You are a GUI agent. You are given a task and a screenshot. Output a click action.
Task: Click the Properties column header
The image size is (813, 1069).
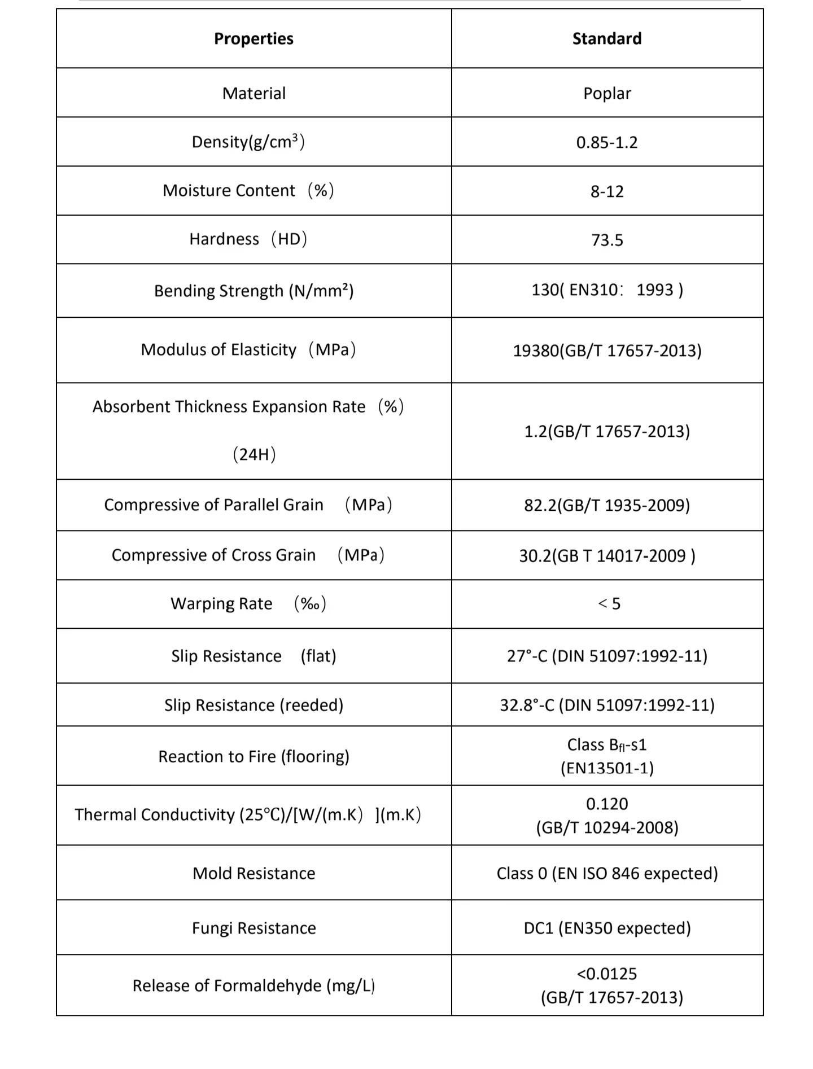pyautogui.click(x=253, y=38)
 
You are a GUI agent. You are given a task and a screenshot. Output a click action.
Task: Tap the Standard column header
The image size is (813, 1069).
pyautogui.click(x=607, y=38)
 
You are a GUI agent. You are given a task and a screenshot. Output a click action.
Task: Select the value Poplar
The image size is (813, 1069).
pyautogui.click(x=607, y=93)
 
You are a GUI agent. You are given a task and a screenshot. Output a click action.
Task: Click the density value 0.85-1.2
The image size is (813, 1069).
pyautogui.click(x=607, y=142)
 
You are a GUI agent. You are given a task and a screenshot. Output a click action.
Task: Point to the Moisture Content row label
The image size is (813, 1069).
pyautogui.click(x=248, y=191)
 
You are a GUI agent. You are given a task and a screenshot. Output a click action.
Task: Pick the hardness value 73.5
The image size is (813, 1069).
pyautogui.click(x=607, y=240)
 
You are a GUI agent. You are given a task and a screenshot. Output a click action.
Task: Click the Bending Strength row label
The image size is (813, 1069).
pyautogui.click(x=253, y=291)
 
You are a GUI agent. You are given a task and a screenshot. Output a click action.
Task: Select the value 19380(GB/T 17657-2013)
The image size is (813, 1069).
pyautogui.click(x=607, y=351)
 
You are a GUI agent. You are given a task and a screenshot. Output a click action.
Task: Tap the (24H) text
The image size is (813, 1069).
pyautogui.click(x=254, y=454)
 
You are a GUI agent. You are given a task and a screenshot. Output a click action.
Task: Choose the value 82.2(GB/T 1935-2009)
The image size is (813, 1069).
pyautogui.click(x=607, y=505)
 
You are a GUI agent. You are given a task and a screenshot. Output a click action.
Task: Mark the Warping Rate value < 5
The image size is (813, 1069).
pyautogui.click(x=609, y=604)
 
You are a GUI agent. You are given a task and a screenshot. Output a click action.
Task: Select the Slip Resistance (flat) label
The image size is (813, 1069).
pyautogui.click(x=253, y=656)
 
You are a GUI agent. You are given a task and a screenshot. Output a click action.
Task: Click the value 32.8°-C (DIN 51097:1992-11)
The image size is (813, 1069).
pyautogui.click(x=607, y=705)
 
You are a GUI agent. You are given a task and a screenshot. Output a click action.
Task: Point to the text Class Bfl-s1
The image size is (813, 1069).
pyautogui.click(x=607, y=745)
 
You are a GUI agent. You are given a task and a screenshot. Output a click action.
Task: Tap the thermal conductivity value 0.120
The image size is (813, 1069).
pyautogui.click(x=607, y=804)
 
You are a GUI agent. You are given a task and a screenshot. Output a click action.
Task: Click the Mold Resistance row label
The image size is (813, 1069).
pyautogui.click(x=253, y=873)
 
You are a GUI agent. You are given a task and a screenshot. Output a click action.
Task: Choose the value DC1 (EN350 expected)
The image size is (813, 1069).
pyautogui.click(x=607, y=928)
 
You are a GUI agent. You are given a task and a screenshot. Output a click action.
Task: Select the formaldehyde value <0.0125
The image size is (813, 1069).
pyautogui.click(x=607, y=974)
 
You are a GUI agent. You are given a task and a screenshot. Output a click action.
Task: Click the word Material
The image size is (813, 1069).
pyautogui.click(x=253, y=93)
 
